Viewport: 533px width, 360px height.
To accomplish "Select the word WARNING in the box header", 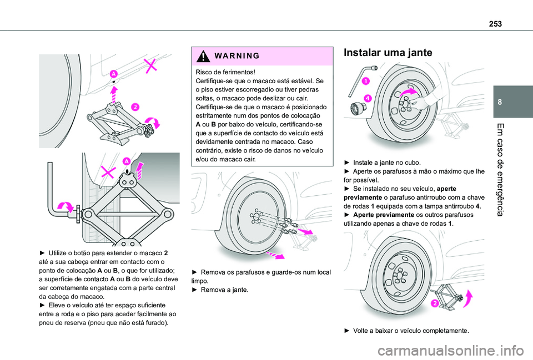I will tap(225, 57).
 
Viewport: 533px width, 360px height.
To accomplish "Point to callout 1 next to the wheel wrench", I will tap(366, 82).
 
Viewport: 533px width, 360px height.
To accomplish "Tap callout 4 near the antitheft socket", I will tap(368, 98).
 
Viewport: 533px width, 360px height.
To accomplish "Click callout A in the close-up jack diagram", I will tap(127, 161).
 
